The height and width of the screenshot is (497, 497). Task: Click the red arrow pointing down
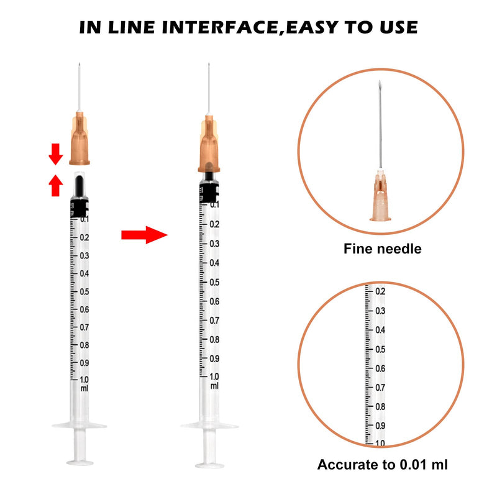click(56, 153)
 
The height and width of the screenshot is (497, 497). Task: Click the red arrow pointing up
click(56, 184)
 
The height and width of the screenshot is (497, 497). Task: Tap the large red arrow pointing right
click(144, 235)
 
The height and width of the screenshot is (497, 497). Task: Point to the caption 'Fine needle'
click(382, 249)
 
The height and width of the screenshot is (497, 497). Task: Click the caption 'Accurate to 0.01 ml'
click(382, 464)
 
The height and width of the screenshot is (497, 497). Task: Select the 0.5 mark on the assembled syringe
click(214, 281)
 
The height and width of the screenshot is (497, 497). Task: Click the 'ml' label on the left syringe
click(84, 388)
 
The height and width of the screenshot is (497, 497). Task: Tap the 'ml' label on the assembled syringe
click(214, 386)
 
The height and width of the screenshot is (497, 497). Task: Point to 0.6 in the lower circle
click(378, 368)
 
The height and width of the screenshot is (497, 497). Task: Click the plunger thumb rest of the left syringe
click(80, 462)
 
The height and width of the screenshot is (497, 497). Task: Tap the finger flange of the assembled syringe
click(209, 426)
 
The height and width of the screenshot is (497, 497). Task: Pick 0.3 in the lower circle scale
click(378, 311)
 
